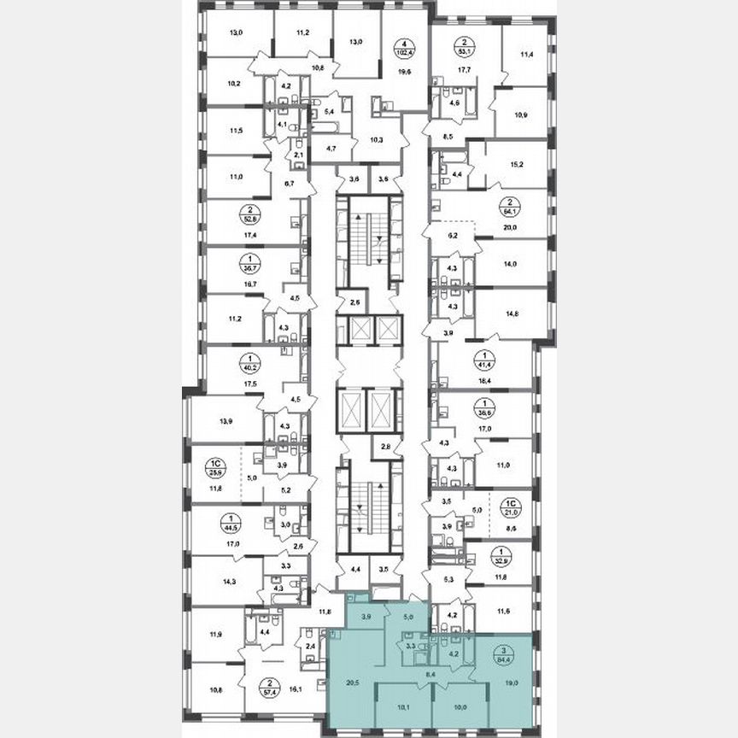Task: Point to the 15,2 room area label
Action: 515,167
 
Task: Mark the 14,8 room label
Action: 512,313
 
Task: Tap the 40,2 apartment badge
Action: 227,366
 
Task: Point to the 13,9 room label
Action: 228,423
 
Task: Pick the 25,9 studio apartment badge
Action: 215,467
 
